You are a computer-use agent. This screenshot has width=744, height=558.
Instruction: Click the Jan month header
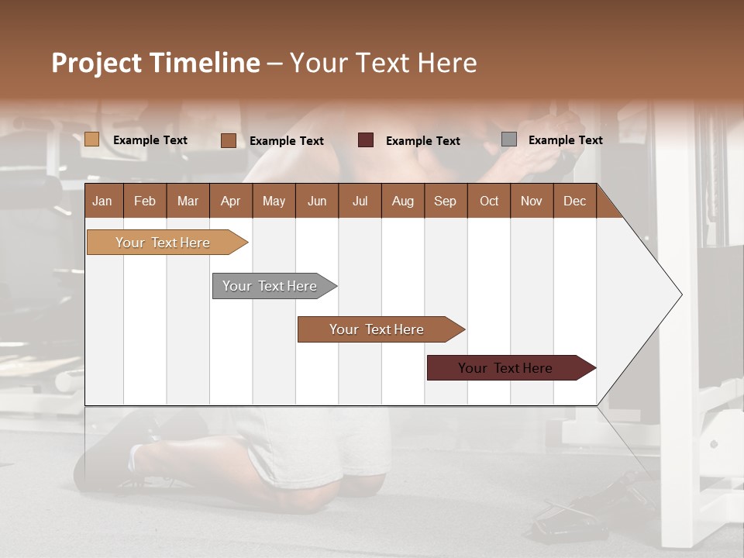tap(103, 201)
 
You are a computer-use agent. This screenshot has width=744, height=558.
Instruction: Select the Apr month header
tap(231, 201)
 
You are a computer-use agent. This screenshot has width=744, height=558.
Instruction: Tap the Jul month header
tap(360, 201)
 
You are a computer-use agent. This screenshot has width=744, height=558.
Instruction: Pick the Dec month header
tap(574, 201)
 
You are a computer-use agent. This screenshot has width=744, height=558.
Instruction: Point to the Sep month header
tap(445, 201)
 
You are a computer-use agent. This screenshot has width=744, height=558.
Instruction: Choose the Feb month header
tap(145, 201)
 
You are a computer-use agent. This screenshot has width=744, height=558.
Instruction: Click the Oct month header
tap(488, 201)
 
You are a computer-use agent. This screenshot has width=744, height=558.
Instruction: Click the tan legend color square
tap(92, 139)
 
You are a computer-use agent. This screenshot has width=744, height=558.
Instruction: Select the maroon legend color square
tap(366, 140)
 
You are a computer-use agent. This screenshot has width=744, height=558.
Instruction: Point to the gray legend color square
tap(509, 139)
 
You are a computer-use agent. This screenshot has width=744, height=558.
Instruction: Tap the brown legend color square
tap(229, 140)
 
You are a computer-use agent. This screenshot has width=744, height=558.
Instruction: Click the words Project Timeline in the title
tap(156, 63)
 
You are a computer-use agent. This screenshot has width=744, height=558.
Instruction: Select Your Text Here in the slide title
tap(383, 63)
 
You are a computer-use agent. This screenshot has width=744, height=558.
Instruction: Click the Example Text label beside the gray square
tap(565, 139)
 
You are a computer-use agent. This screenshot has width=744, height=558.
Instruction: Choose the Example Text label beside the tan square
tap(150, 139)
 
